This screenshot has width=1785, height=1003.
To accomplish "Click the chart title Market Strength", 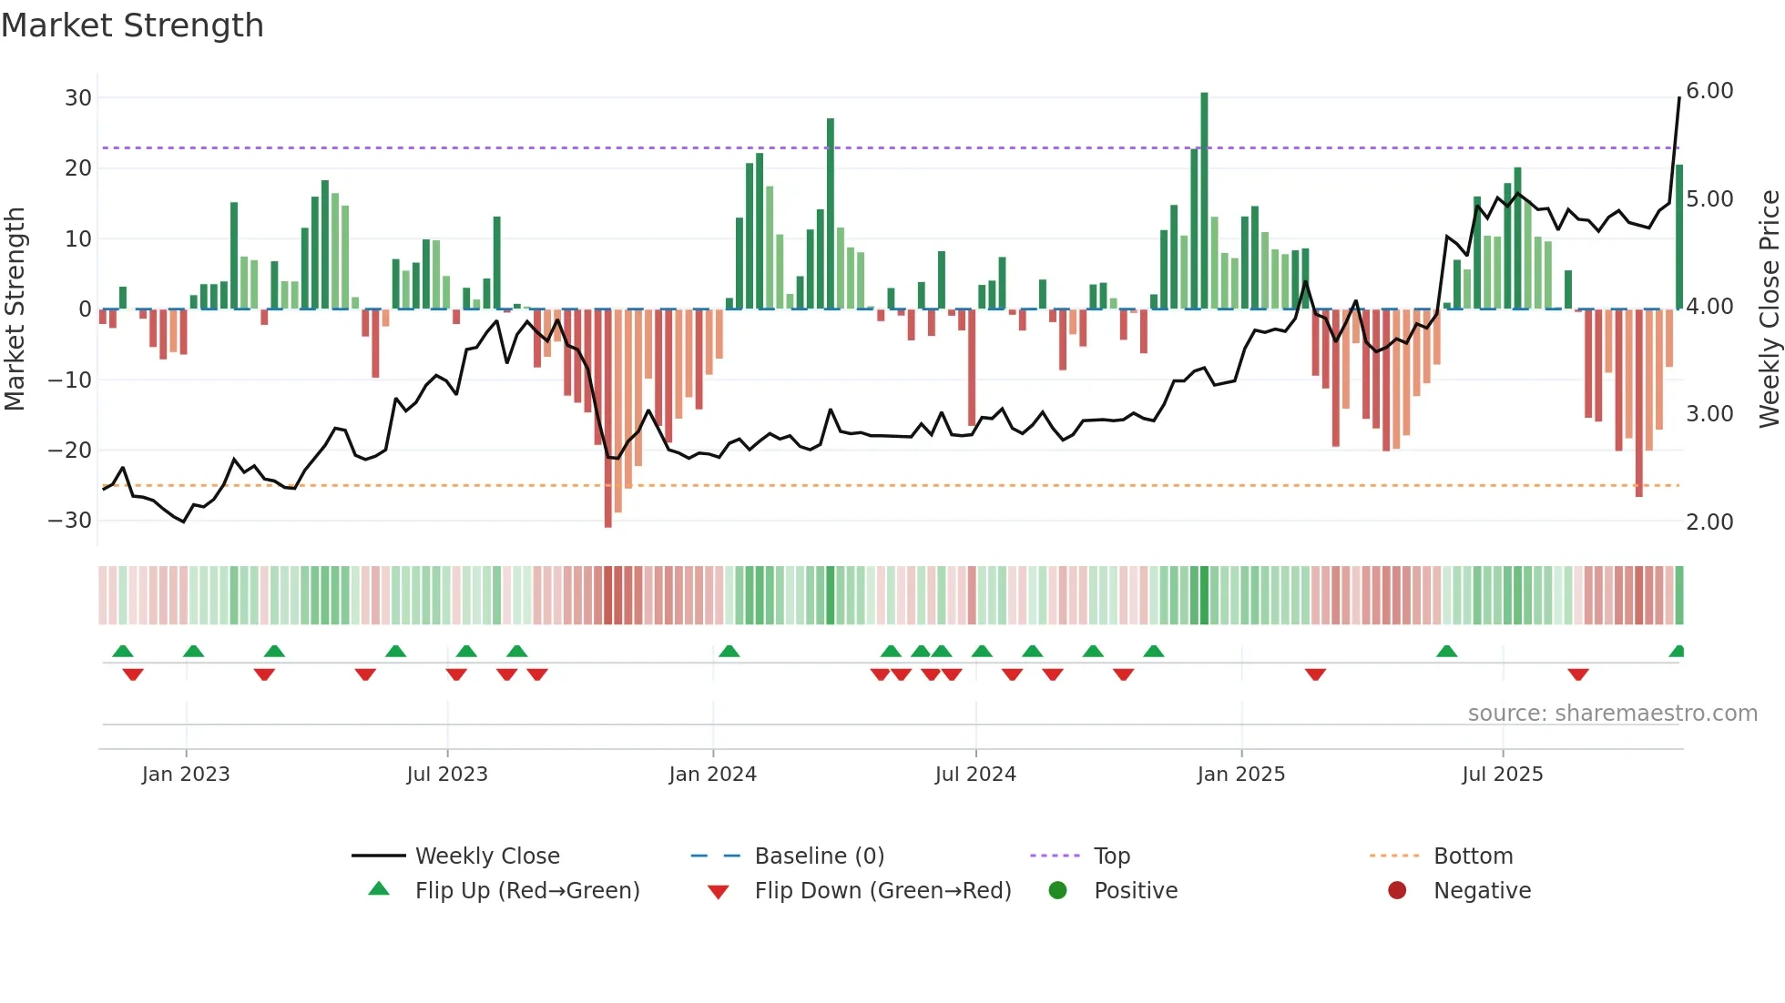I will point(132,25).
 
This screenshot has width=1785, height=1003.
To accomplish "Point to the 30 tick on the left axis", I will point(78,97).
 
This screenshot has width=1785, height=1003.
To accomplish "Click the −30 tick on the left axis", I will point(71,521).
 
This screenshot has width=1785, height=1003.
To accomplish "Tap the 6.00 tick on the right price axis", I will point(1709,91).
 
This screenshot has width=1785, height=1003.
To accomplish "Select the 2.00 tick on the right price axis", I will point(1709,522).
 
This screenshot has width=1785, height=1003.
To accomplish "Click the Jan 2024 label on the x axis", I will point(712,775).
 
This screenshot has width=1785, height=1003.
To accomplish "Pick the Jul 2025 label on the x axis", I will point(1502,775).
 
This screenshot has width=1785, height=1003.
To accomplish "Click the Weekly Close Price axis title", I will point(1769,309).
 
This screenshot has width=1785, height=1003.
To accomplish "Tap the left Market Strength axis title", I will point(15,309).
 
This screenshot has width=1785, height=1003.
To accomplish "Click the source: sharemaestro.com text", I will point(1612,714).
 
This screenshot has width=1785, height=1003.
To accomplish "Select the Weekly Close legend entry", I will point(487,856).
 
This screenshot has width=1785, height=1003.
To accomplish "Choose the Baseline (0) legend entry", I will point(819,856).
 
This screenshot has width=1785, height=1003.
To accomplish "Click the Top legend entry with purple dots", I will point(1111,856).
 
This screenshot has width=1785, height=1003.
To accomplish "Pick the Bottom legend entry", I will point(1473,856).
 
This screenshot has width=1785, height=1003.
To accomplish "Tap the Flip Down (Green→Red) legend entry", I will point(882,891).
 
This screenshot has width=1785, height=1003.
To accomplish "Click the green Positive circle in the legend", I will point(1057,890).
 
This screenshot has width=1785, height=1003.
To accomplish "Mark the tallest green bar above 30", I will point(1204,200).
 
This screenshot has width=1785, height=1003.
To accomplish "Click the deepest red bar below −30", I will point(607,419).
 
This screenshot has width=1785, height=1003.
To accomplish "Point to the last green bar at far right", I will point(1679,237).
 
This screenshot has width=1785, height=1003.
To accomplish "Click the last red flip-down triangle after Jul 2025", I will point(1578,674).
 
